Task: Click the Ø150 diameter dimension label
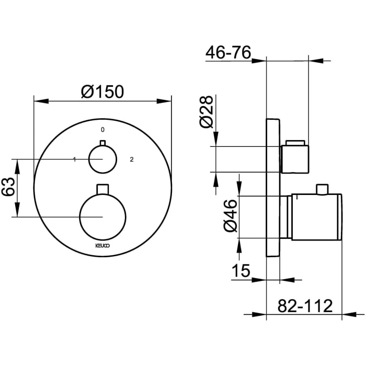(102, 92)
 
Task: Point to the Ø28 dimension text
(206, 111)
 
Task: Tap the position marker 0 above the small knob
(102, 129)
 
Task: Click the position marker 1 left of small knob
(75, 159)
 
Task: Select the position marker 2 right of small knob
(132, 159)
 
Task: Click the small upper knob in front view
(102, 159)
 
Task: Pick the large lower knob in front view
(102, 216)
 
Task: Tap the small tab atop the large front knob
(102, 188)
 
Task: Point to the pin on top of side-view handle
(324, 188)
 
